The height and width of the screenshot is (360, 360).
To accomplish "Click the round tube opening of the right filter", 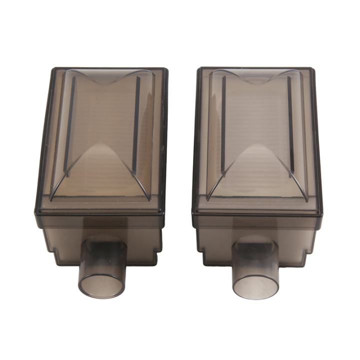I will (255, 286).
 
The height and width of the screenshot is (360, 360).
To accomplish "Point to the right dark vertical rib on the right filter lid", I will (290, 125).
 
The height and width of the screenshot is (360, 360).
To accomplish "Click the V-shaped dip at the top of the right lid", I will (257, 80).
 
